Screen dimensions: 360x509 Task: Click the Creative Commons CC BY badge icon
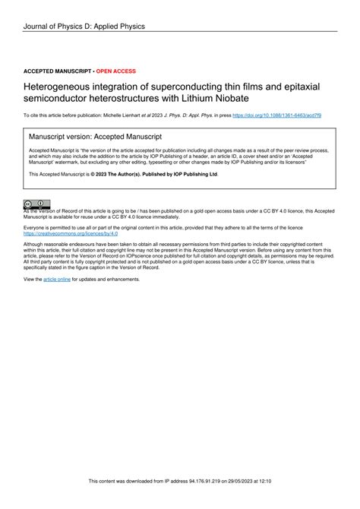[x=36, y=204]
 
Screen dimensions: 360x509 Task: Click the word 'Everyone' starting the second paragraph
[x=36, y=227]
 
